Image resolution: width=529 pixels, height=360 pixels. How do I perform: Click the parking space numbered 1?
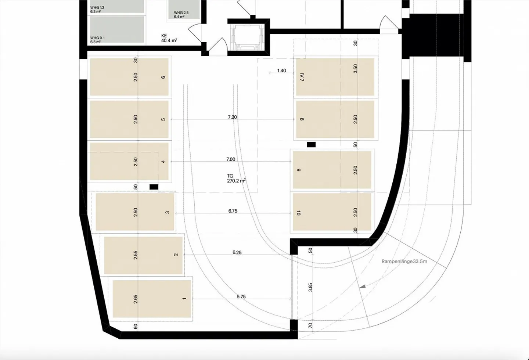(152, 299)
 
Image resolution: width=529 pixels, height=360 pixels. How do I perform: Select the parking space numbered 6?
(129, 77)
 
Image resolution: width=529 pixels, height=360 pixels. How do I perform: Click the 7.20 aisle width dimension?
(232, 117)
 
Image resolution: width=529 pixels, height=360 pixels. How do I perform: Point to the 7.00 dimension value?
(231, 159)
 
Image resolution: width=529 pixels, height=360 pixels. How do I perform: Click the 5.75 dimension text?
(241, 296)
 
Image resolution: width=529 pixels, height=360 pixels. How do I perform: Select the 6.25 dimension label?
(237, 252)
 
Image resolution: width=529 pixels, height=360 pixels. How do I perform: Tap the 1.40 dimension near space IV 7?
(281, 71)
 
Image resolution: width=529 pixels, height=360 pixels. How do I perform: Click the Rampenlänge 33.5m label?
(404, 262)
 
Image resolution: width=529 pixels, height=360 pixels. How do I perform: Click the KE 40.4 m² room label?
(169, 38)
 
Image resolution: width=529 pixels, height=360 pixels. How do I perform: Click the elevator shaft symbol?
(249, 37)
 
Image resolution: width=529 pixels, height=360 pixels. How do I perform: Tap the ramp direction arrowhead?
(362, 286)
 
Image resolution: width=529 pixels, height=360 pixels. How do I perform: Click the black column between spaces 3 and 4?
(154, 187)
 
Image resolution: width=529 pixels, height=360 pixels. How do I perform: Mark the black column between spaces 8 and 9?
(311, 145)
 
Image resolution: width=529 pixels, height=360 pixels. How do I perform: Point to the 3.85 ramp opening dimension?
(310, 287)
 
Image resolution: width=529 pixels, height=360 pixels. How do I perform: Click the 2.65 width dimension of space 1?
(136, 299)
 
